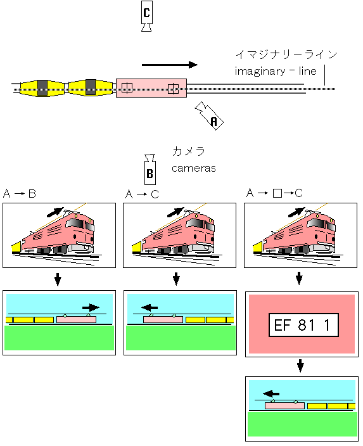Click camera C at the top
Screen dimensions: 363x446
pos(146,16)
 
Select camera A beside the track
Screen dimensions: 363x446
pos(209,116)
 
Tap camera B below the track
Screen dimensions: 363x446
pos(150,170)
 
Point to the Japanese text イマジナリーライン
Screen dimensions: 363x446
pos(286,54)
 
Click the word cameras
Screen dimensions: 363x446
pos(194,168)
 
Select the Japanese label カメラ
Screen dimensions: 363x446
pos(188,151)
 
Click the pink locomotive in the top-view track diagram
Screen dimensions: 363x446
pos(151,88)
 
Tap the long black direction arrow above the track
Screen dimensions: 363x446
pos(170,65)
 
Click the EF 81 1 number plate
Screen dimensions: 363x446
pos(303,325)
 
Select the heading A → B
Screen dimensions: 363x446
pos(20,194)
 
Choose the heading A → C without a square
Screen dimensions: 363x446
pos(142,194)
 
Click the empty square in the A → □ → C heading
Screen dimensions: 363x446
pos(277,193)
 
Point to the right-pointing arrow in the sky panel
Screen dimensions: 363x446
pos(91,307)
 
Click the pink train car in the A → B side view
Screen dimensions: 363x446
pos(76,319)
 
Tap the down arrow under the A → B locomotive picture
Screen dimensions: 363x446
pos(58,279)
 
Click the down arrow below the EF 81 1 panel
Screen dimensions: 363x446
pos(300,366)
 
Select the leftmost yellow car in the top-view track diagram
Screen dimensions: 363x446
pos(42,88)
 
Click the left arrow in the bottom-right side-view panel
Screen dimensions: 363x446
pos(271,393)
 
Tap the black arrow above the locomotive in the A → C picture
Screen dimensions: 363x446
pos(175,212)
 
